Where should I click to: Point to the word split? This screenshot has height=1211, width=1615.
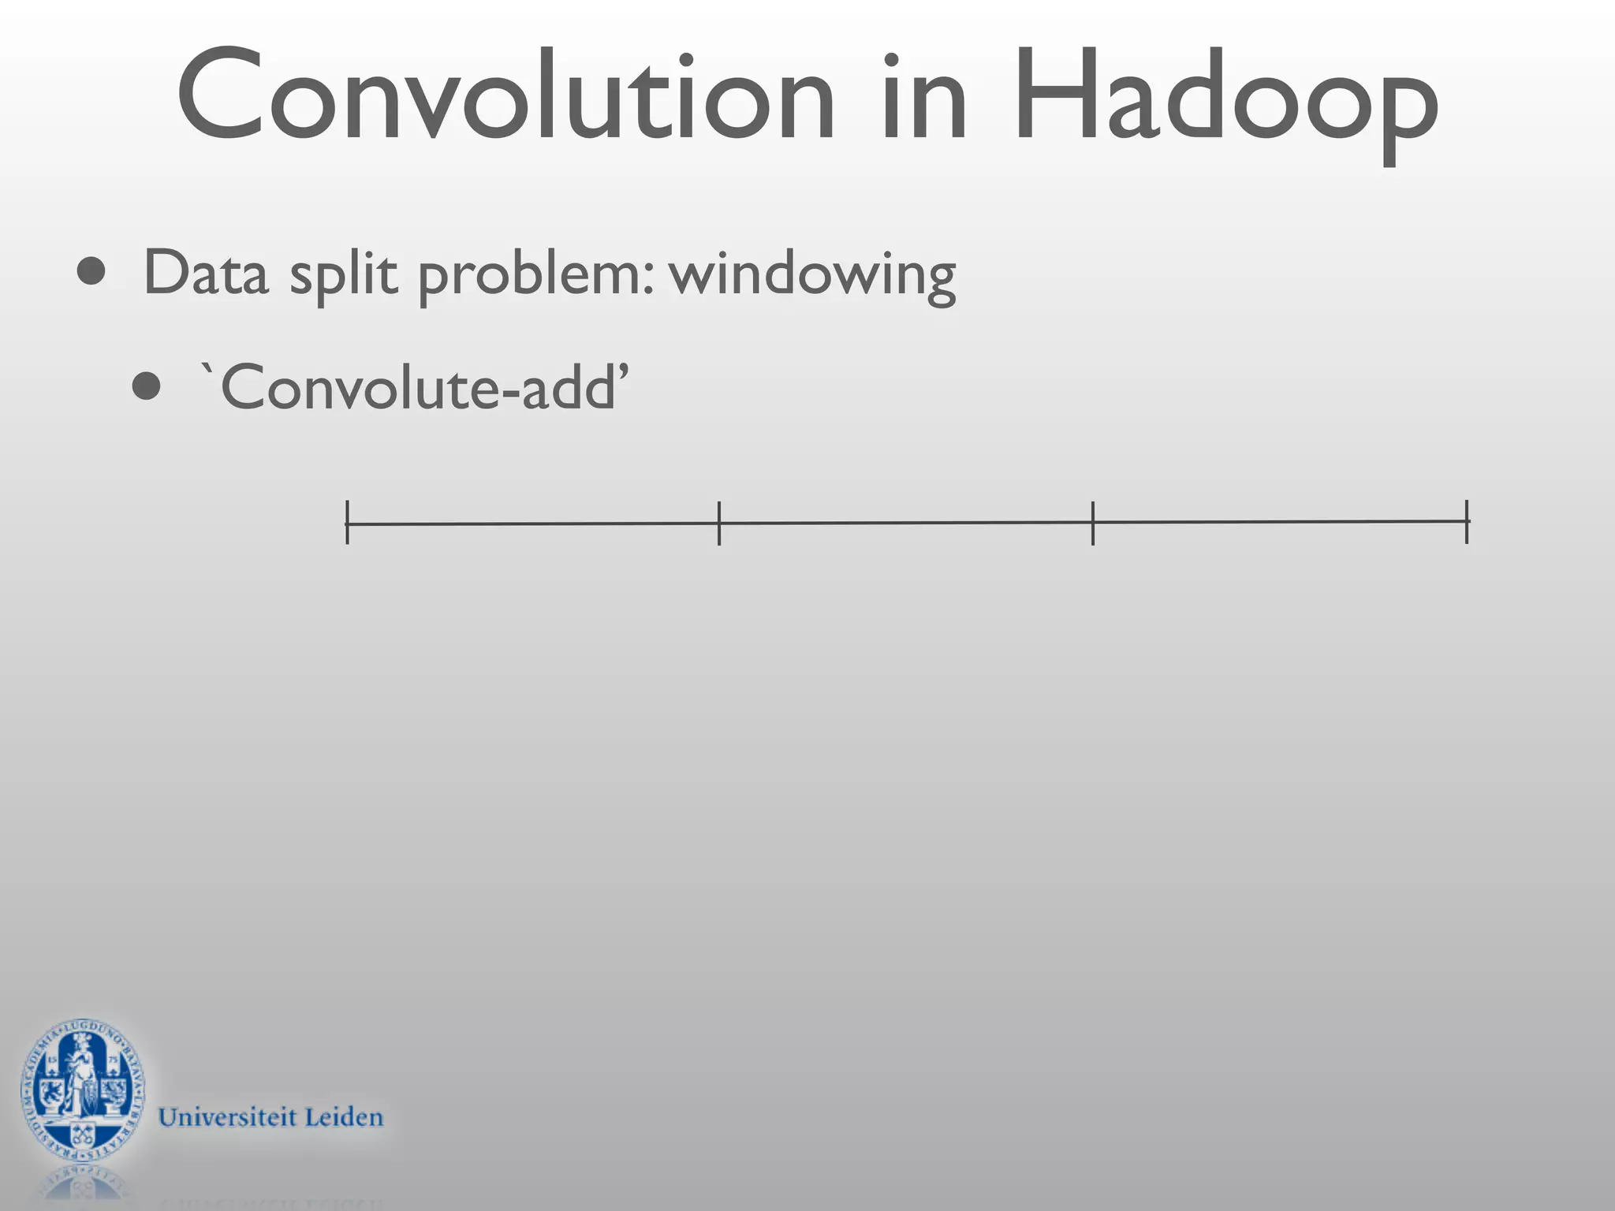343,276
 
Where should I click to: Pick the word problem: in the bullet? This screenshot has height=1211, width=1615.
536,276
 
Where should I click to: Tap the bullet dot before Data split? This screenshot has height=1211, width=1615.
91,272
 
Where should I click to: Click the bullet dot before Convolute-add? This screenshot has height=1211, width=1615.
147,387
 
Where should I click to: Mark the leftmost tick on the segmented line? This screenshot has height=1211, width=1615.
347,523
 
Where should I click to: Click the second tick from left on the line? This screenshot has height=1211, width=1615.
719,523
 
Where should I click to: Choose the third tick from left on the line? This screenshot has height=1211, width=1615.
1093,522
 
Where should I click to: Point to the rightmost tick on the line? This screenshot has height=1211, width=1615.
1467,521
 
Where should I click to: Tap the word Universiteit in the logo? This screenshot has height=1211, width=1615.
227,1118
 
